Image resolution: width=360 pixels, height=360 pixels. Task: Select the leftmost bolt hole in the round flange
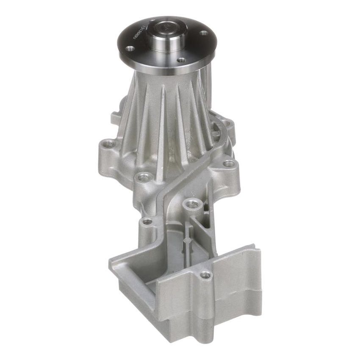click(130, 49)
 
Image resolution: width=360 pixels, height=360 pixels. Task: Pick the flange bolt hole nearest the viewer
click(181, 60)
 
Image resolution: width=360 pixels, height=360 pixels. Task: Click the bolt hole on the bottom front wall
click(205, 275)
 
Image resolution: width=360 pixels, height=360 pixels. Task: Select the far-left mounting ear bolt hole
click(109, 144)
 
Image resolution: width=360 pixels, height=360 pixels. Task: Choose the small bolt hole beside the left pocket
click(147, 221)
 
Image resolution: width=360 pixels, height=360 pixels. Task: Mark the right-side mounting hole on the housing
click(228, 163)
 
